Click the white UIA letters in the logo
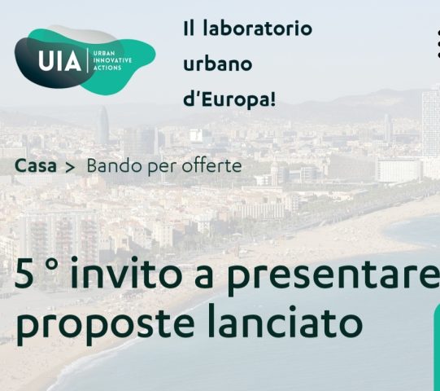coord(59,61)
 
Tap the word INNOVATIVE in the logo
coord(112,60)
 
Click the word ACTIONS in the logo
coord(107,68)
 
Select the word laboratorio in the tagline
coord(257,29)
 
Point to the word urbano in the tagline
coord(217,64)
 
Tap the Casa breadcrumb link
coord(35,166)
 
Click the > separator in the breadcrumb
coord(70,168)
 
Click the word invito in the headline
coord(125,272)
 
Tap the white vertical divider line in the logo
coord(88,60)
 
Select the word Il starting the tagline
coord(189,29)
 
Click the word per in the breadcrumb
coord(163,167)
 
